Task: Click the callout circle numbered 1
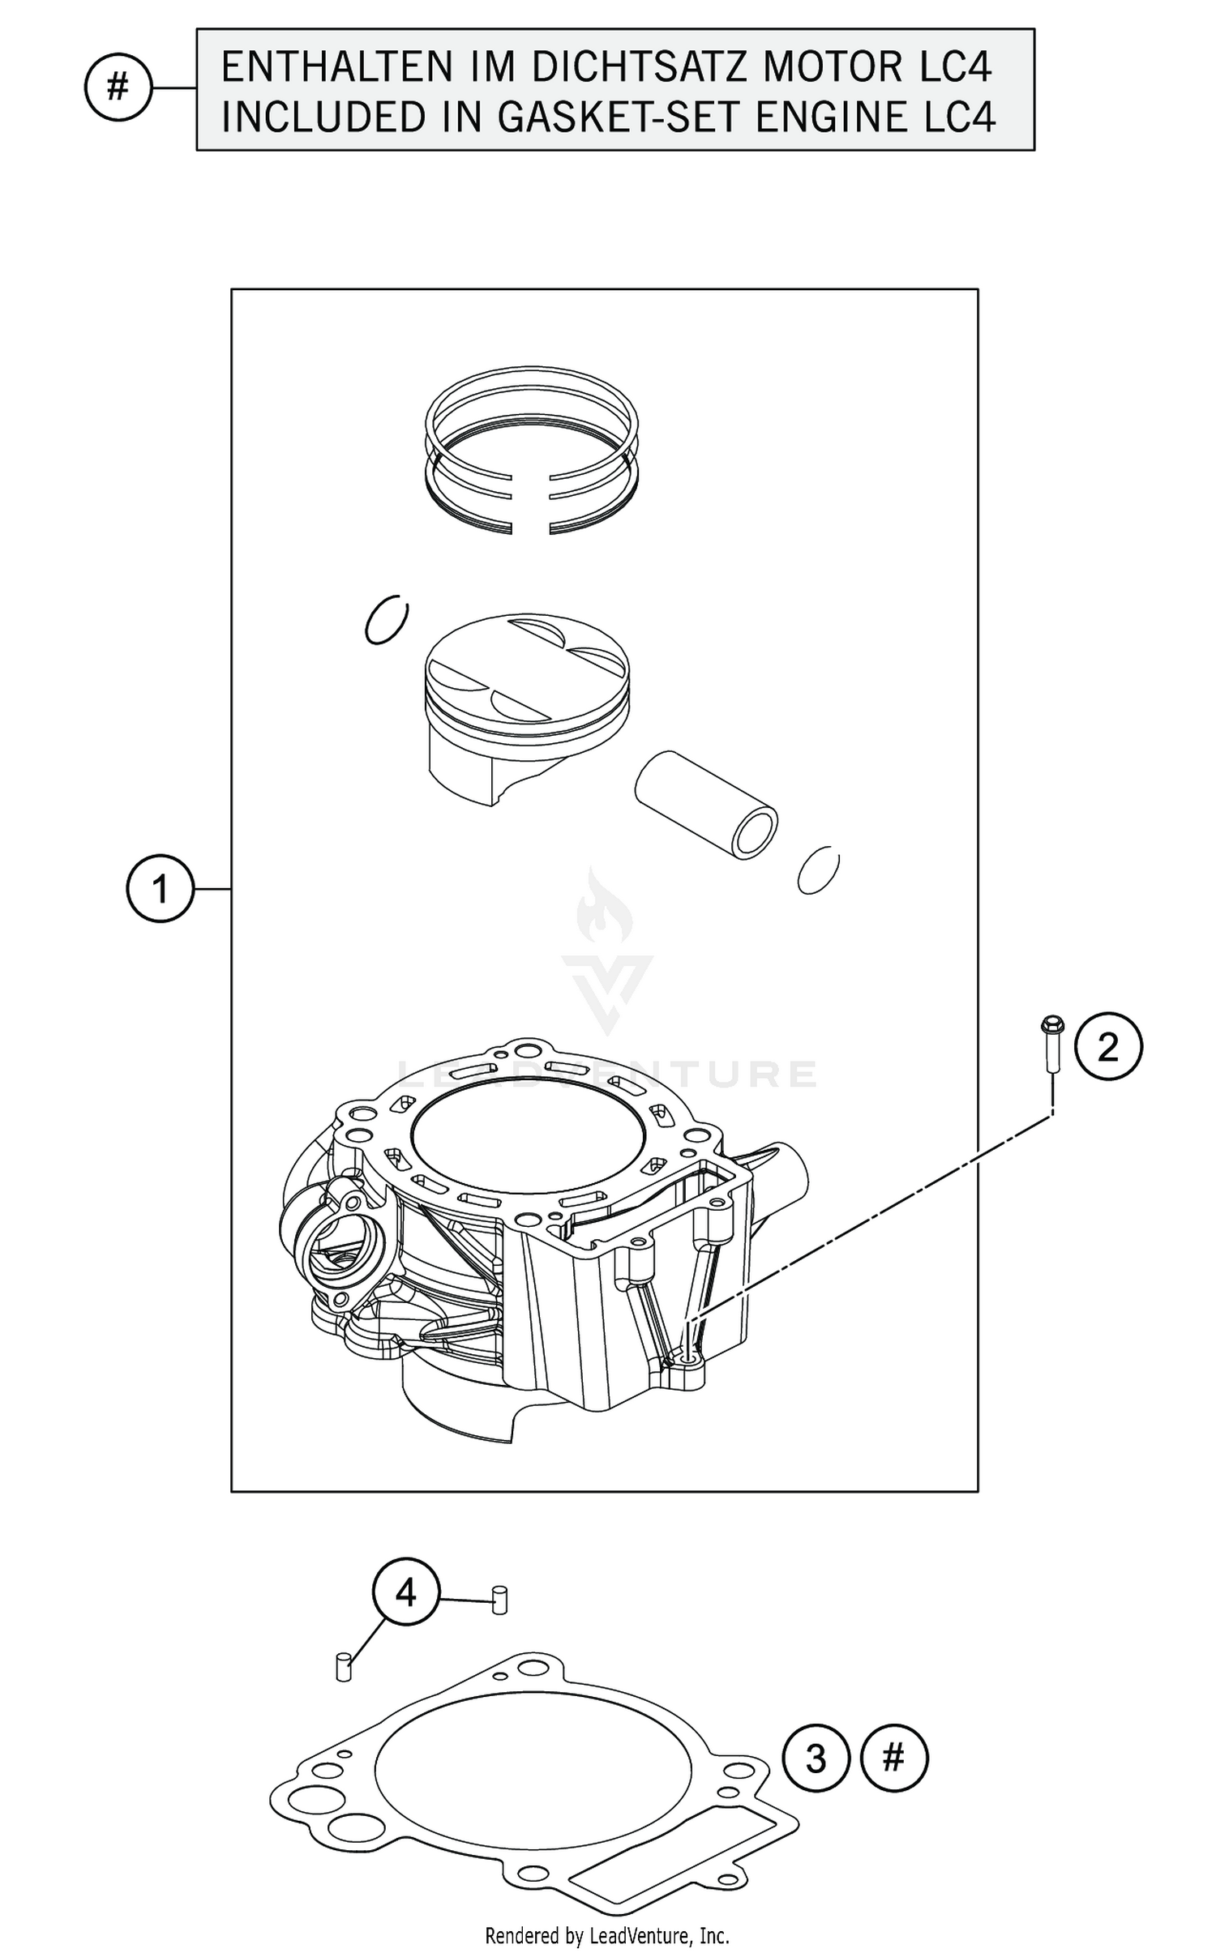pyautogui.click(x=160, y=889)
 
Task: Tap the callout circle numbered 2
pyautogui.click(x=1107, y=1047)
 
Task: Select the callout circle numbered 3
pyautogui.click(x=816, y=1758)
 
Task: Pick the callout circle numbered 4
pyautogui.click(x=405, y=1592)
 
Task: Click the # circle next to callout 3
pyautogui.click(x=893, y=1757)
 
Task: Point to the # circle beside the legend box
pyautogui.click(x=118, y=87)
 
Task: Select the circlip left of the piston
pyautogui.click(x=387, y=622)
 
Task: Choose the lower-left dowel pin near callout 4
pyautogui.click(x=343, y=1666)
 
